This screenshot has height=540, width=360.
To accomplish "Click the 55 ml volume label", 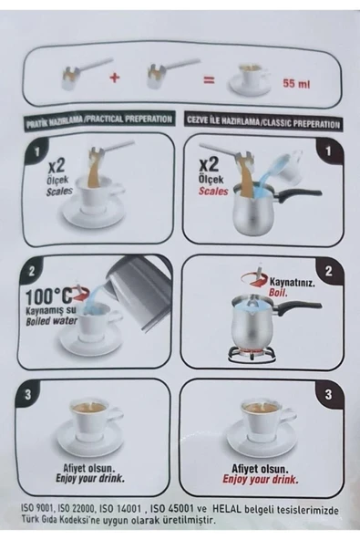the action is point(296,83).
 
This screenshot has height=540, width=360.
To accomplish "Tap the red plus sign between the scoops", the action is point(115,78).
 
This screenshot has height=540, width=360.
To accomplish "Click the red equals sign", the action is point(209,80).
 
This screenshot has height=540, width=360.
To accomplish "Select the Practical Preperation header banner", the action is point(98,120).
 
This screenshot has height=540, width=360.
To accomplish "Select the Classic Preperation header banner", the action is point(263,123).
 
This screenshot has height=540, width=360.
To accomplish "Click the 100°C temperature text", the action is point(49,296).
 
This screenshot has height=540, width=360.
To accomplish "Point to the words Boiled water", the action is point(52,322).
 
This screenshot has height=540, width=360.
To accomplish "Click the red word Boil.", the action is point(279,294).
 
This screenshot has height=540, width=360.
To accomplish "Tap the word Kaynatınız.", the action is point(292,283).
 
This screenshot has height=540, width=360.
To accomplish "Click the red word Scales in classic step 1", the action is point(213,191).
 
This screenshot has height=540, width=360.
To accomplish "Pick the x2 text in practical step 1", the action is point(57,166).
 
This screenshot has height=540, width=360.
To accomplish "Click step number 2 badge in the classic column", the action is point(329,271).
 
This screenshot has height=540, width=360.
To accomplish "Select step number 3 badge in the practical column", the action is point(27,394).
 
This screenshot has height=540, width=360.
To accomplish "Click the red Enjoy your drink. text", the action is point(260,479).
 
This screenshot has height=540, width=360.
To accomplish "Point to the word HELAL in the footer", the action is point(225,510).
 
